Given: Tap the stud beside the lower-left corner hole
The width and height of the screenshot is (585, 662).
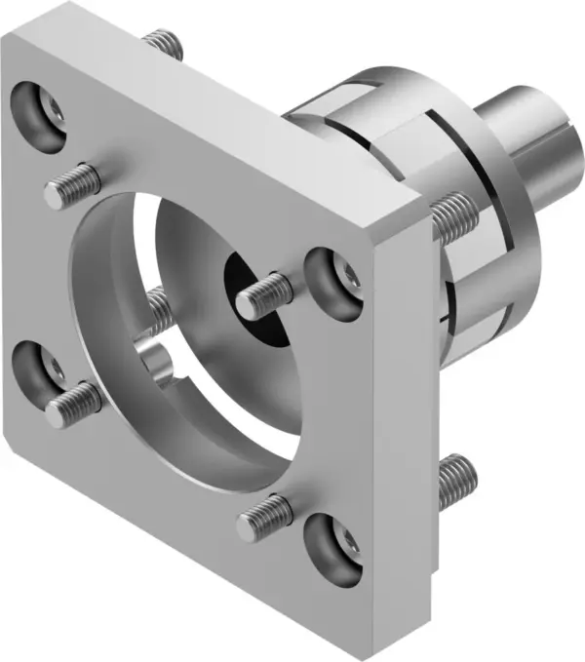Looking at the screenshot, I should click(x=73, y=394).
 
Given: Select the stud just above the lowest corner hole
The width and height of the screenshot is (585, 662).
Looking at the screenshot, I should click(x=265, y=513).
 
